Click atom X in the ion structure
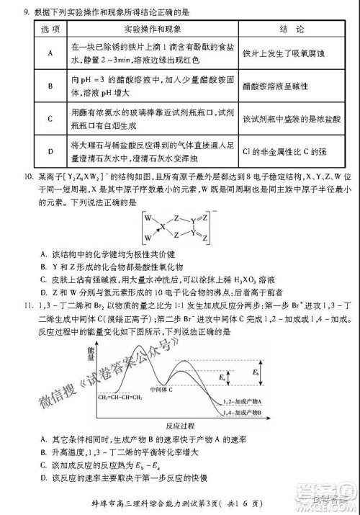point(163,226)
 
